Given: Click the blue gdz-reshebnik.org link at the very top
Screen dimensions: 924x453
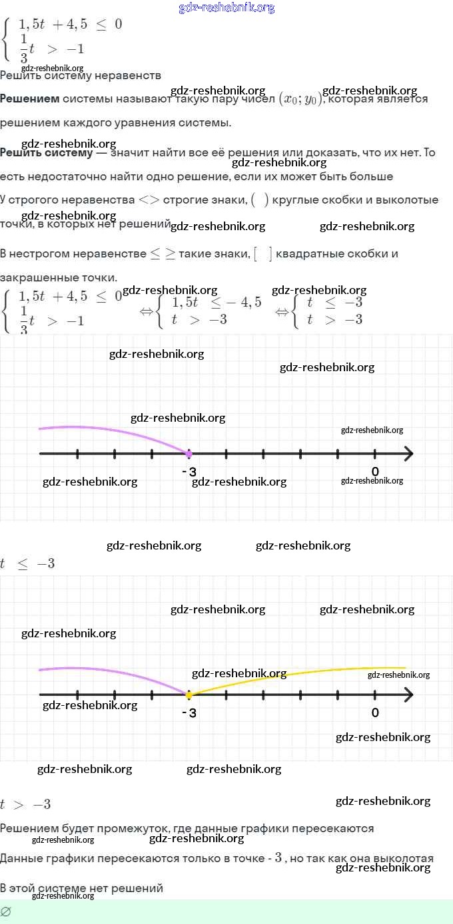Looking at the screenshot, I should click(x=226, y=8).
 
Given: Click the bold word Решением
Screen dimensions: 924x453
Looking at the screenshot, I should click(x=29, y=99).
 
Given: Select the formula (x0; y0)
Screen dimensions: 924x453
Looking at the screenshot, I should click(x=300, y=98).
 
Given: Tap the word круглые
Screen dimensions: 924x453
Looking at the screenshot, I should click(x=297, y=200).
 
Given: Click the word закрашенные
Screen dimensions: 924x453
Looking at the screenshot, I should click(x=37, y=277).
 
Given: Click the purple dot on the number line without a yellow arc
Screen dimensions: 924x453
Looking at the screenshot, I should click(x=189, y=454).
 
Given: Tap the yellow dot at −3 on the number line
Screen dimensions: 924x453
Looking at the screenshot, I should click(x=189, y=695).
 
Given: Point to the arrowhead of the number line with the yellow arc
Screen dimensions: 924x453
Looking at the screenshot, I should click(x=408, y=695).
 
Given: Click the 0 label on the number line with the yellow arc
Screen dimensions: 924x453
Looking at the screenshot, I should click(x=375, y=712).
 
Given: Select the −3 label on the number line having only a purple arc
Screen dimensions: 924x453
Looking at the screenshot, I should click(x=189, y=472).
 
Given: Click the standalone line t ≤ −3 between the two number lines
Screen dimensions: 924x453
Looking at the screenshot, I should click(x=27, y=564).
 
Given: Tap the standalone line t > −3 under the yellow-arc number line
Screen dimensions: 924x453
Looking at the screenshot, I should click(x=25, y=805).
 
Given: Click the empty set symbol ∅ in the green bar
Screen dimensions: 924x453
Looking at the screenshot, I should click(x=6, y=911).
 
